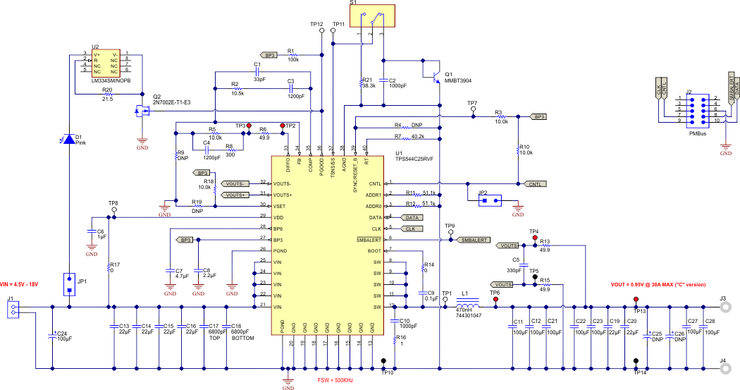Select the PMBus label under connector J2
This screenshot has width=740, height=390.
pyautogui.click(x=698, y=133)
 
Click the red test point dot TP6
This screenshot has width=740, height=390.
pyautogui.click(x=495, y=300)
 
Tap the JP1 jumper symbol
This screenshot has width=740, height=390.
pyautogui.click(x=69, y=284)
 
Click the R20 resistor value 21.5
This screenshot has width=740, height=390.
pyautogui.click(x=107, y=98)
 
